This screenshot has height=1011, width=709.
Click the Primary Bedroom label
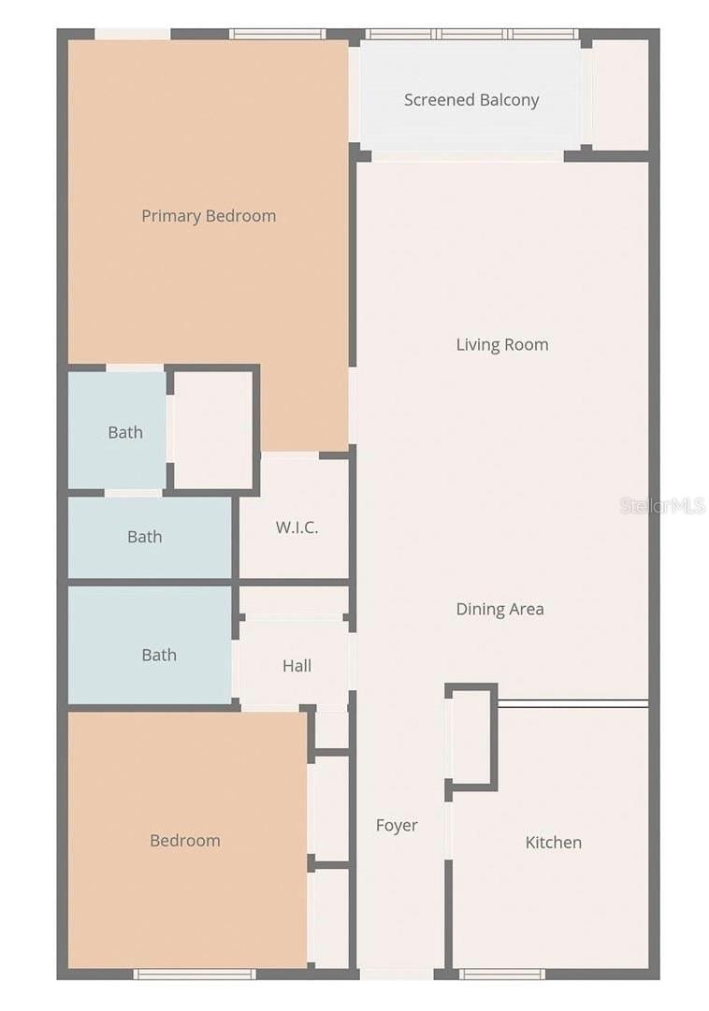click(209, 216)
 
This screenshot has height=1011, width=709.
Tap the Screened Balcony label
click(471, 100)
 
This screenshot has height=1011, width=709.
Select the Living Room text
click(502, 345)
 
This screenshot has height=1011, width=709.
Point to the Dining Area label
click(499, 610)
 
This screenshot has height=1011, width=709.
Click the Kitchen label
click(553, 843)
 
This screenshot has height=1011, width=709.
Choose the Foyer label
click(397, 826)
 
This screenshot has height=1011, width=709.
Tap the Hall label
click(297, 667)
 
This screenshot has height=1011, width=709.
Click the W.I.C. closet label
click(297, 527)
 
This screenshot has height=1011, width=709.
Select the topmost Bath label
click(125, 433)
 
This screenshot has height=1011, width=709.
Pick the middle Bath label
click(145, 537)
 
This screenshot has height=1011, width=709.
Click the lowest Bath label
click(159, 656)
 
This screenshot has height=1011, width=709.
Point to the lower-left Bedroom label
click(185, 841)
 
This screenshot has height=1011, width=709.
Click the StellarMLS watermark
click(662, 506)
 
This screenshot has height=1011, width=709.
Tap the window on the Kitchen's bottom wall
click(502, 974)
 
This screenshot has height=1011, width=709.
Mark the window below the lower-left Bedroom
click(195, 974)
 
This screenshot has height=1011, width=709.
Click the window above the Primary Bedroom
click(277, 35)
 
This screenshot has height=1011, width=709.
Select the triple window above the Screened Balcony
click(471, 35)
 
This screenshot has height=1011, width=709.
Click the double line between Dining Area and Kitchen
click(572, 703)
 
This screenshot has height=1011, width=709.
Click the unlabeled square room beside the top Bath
click(213, 429)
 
